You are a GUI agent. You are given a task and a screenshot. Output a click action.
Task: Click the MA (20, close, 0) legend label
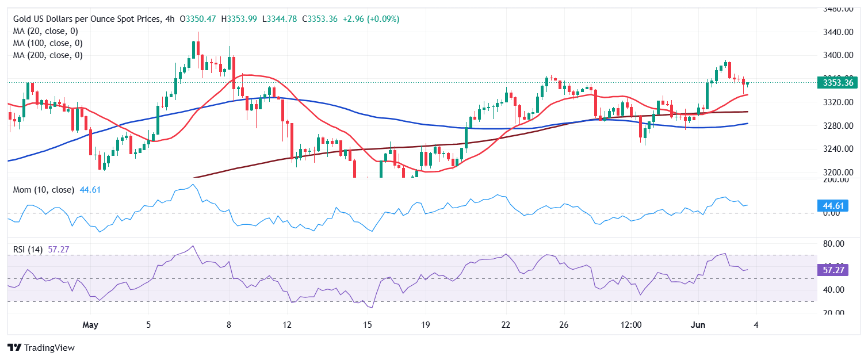point(45,31)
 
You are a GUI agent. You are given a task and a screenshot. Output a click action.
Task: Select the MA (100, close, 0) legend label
point(48,43)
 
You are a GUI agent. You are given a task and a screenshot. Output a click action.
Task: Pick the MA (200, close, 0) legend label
point(48,55)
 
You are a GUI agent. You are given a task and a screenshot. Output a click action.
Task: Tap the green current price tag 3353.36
point(837,83)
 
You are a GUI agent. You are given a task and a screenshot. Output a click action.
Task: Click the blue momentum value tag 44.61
point(831,205)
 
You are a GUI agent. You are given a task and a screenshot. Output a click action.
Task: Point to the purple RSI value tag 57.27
point(831,269)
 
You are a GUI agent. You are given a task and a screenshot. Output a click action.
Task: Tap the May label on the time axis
point(90,325)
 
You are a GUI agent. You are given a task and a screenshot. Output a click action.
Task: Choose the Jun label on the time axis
point(698,325)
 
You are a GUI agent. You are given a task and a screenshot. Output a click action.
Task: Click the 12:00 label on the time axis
point(631,325)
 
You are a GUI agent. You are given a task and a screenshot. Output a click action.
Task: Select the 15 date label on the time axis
point(367,325)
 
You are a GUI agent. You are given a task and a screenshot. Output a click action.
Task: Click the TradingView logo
point(41,348)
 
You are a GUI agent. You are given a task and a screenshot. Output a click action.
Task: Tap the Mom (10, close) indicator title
point(44,190)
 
